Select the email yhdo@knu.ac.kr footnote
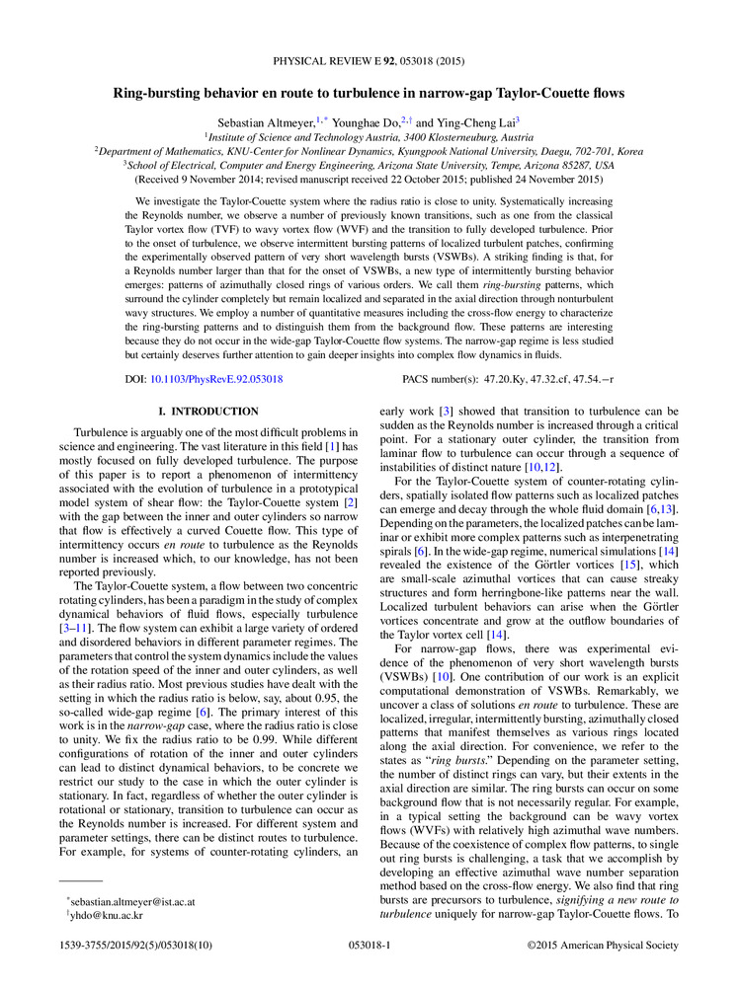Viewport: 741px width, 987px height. [102, 916]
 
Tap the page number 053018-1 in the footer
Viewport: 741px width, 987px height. [370, 946]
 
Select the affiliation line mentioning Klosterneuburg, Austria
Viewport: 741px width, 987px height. [370, 137]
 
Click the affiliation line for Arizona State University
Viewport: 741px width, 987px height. [370, 166]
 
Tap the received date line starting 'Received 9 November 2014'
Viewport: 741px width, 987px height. [370, 180]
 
